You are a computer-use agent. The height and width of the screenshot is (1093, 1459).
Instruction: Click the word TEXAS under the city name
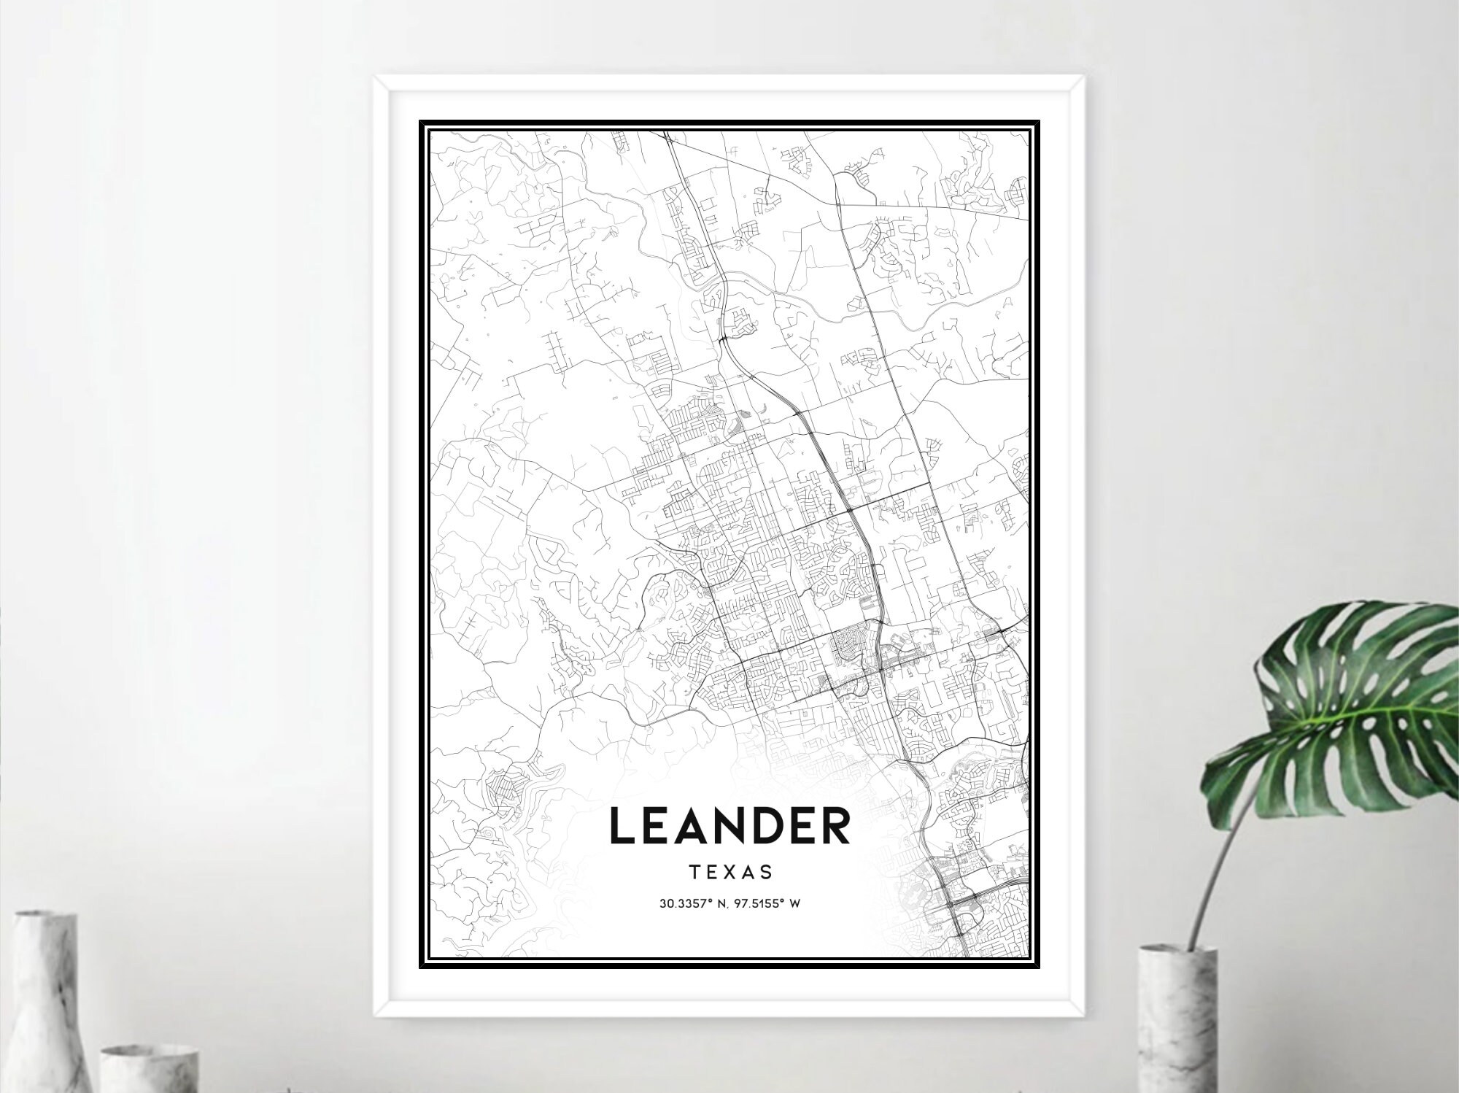click(729, 872)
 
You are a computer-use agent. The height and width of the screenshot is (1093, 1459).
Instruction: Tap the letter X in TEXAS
click(729, 872)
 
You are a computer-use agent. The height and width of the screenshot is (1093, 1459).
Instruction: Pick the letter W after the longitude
click(796, 904)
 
